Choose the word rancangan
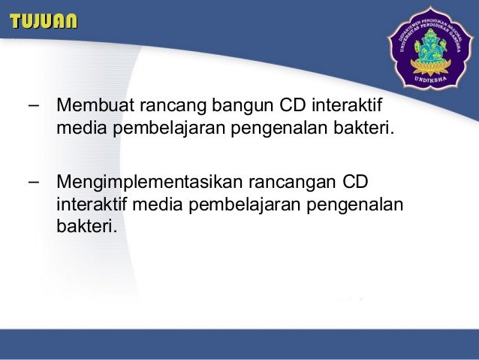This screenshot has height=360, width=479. pos(290,183)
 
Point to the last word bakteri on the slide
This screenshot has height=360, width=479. pos(86,225)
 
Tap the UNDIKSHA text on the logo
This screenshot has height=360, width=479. pos(426,77)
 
